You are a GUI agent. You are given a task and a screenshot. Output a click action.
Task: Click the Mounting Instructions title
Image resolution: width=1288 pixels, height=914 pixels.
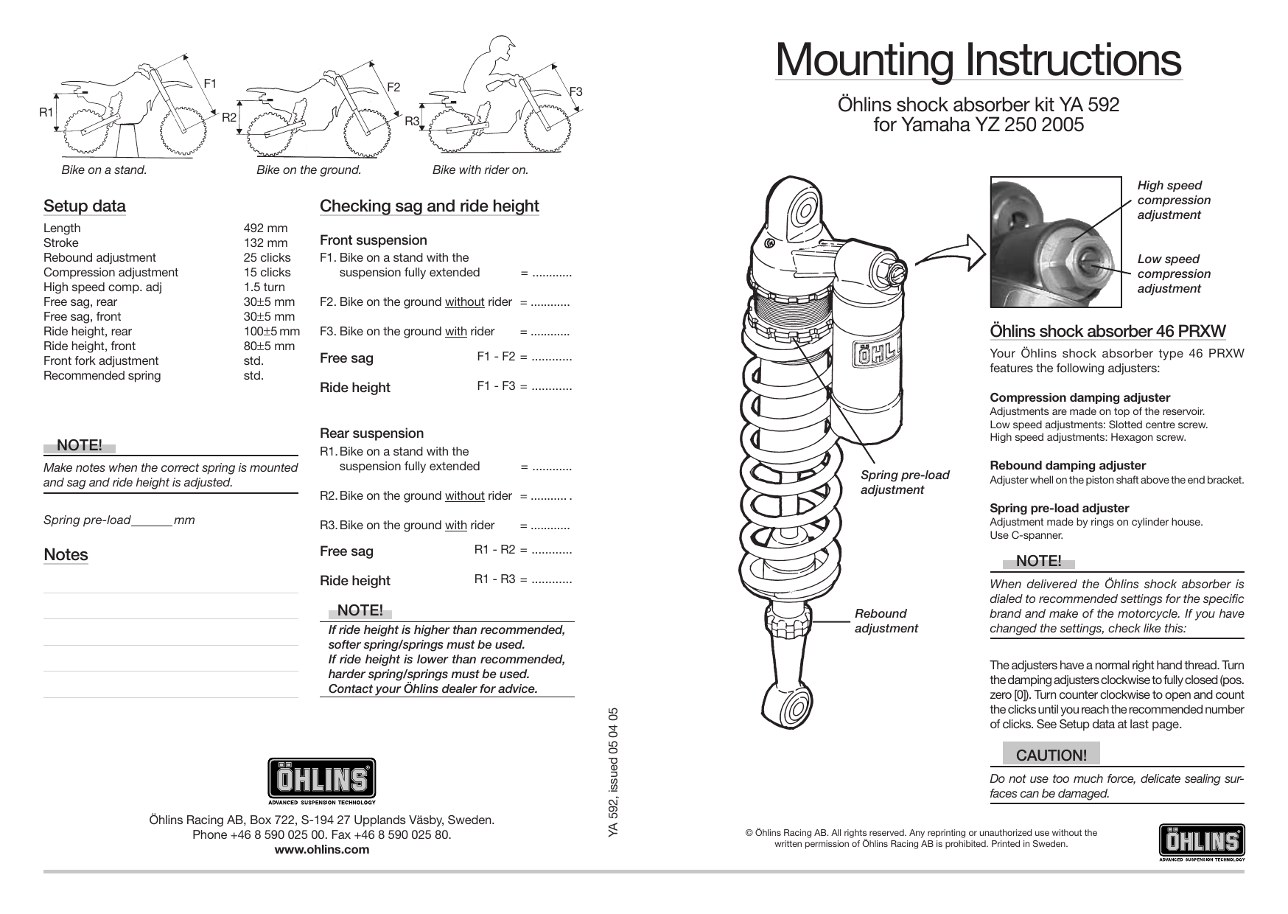978,60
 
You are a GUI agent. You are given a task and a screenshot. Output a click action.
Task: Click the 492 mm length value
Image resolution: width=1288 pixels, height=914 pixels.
265,228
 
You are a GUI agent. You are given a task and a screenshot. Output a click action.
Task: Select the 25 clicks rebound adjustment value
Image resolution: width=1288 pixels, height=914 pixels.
267,258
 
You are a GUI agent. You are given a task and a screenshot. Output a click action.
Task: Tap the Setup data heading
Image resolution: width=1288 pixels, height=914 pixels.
84,206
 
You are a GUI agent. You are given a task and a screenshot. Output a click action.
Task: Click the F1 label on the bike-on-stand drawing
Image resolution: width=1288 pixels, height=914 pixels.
210,83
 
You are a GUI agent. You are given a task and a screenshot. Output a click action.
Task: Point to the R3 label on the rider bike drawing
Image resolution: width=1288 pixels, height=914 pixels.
412,121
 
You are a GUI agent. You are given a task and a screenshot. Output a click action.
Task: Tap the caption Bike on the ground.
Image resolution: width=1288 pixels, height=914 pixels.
309,170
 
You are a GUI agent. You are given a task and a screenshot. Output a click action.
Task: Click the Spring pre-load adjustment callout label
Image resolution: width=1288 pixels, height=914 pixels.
905,482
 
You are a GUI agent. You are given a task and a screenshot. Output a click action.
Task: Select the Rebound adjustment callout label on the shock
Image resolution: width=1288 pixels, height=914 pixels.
886,621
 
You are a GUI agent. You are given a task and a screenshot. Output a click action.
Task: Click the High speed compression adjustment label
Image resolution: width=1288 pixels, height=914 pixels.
1173,200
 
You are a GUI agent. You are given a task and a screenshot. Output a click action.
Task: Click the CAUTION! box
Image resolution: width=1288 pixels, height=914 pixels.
1051,755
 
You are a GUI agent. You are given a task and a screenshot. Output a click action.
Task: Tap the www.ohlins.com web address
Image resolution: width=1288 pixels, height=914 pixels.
321,849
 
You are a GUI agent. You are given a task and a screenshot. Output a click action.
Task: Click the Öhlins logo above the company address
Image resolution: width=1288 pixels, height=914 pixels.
321,781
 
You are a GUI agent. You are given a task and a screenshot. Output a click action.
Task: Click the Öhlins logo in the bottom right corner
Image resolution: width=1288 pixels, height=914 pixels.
1202,843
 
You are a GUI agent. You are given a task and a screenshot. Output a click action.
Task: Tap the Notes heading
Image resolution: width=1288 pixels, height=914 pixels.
66,555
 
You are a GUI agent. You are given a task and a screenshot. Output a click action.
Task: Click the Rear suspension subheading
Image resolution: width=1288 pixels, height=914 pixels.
371,433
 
